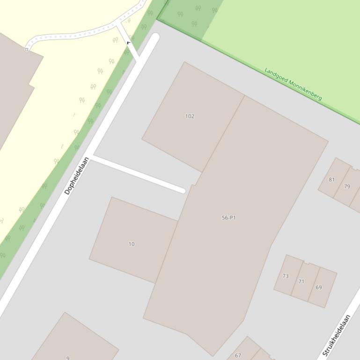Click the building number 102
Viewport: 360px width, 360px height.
coord(190,116)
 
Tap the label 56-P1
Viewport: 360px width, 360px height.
coord(228,218)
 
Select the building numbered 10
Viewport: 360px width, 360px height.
coord(132,244)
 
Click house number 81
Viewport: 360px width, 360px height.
coord(332,180)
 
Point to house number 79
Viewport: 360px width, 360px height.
coord(347,187)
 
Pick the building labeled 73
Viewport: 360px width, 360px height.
coord(286,276)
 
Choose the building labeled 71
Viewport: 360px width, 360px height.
coord(301,281)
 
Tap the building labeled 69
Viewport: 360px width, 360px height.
coord(319,288)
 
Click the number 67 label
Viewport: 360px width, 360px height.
coord(238,355)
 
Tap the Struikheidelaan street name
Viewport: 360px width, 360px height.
coord(337,336)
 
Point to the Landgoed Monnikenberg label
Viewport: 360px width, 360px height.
coord(293,84)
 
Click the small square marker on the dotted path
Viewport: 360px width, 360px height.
coord(27,50)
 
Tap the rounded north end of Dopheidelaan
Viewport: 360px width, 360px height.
coord(154,37)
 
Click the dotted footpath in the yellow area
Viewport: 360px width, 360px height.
coord(75,35)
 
